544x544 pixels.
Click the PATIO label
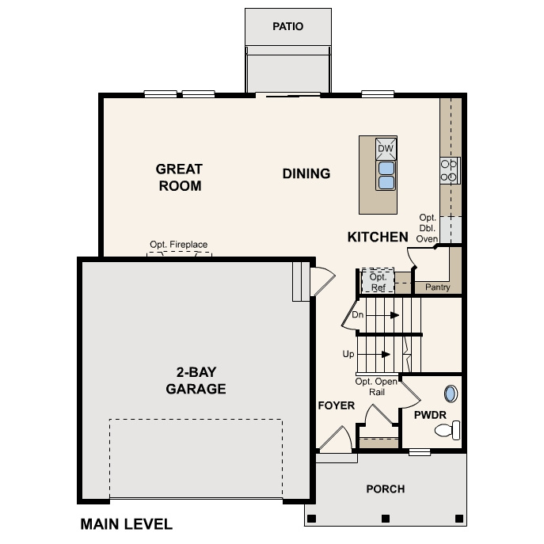[x=287, y=27]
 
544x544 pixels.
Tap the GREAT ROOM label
[x=179, y=177]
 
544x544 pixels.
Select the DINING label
[x=306, y=173]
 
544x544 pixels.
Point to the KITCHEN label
[x=378, y=237]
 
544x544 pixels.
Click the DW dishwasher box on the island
[x=386, y=149]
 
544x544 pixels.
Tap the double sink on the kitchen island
[x=386, y=176]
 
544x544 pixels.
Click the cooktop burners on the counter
[x=449, y=170]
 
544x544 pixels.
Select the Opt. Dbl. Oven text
[x=428, y=228]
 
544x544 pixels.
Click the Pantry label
[x=438, y=287]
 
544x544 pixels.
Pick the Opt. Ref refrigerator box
[x=378, y=281]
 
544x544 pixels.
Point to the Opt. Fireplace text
[x=178, y=245]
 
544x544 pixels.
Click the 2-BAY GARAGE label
[x=196, y=381]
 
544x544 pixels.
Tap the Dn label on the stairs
[x=357, y=315]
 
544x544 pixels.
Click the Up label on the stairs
[x=348, y=354]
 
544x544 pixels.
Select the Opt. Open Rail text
[x=375, y=386]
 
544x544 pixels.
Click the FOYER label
[x=337, y=406]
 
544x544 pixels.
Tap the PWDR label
[x=428, y=414]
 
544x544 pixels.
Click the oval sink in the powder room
[x=451, y=394]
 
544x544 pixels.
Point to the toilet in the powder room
[x=448, y=431]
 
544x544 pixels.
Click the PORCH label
[x=386, y=489]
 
